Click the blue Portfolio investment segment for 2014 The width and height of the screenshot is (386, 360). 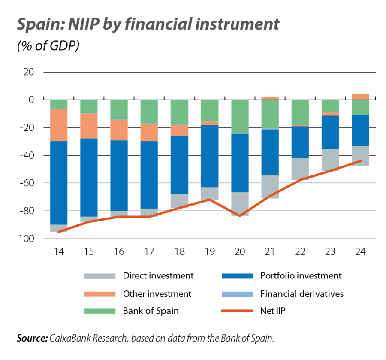pos(59,182)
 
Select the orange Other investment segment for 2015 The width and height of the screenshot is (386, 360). pos(89,126)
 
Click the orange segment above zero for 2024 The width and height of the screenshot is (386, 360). pos(360,97)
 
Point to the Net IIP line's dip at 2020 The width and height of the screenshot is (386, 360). pos(240,216)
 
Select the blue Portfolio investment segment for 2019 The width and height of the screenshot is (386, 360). pos(210,156)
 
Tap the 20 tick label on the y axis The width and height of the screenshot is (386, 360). pos(28,72)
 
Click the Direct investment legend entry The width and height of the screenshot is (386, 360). pos(158,276)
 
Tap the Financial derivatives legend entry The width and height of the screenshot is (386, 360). pos(302,294)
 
